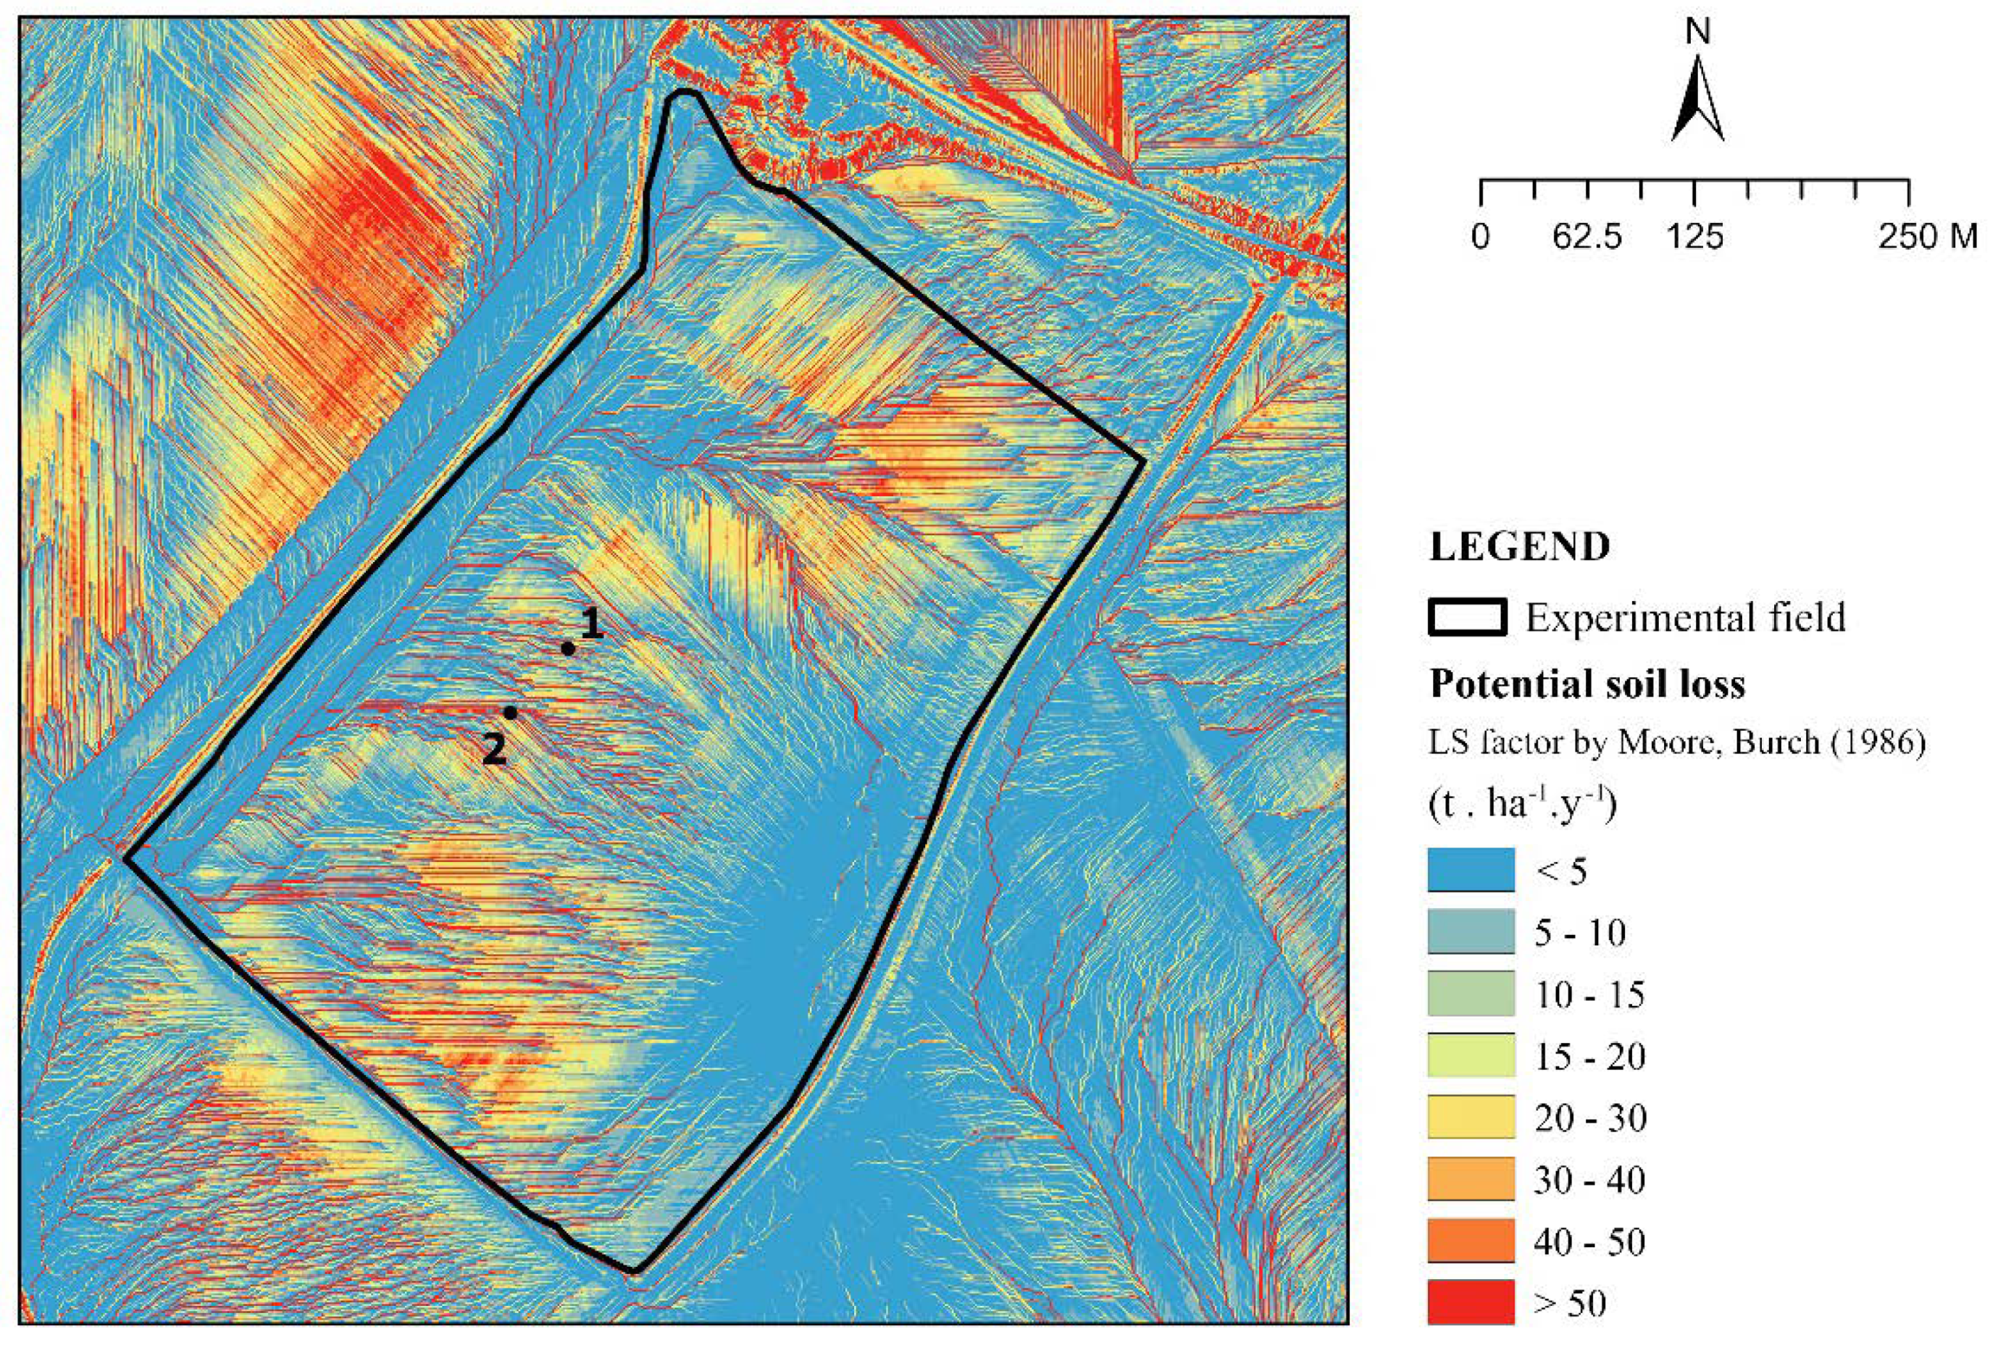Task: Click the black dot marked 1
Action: point(567,648)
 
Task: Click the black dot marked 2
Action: point(510,712)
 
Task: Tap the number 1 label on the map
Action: point(592,624)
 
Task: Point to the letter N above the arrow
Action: point(1697,32)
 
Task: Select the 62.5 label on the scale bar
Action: point(1587,235)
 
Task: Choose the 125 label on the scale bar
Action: point(1695,235)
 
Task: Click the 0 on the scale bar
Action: point(1481,235)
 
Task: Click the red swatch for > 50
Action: point(1471,1303)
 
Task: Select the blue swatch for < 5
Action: point(1471,871)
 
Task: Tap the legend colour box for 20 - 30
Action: point(1471,1118)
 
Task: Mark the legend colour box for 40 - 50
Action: point(1471,1241)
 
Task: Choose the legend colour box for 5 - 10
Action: point(1471,932)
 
